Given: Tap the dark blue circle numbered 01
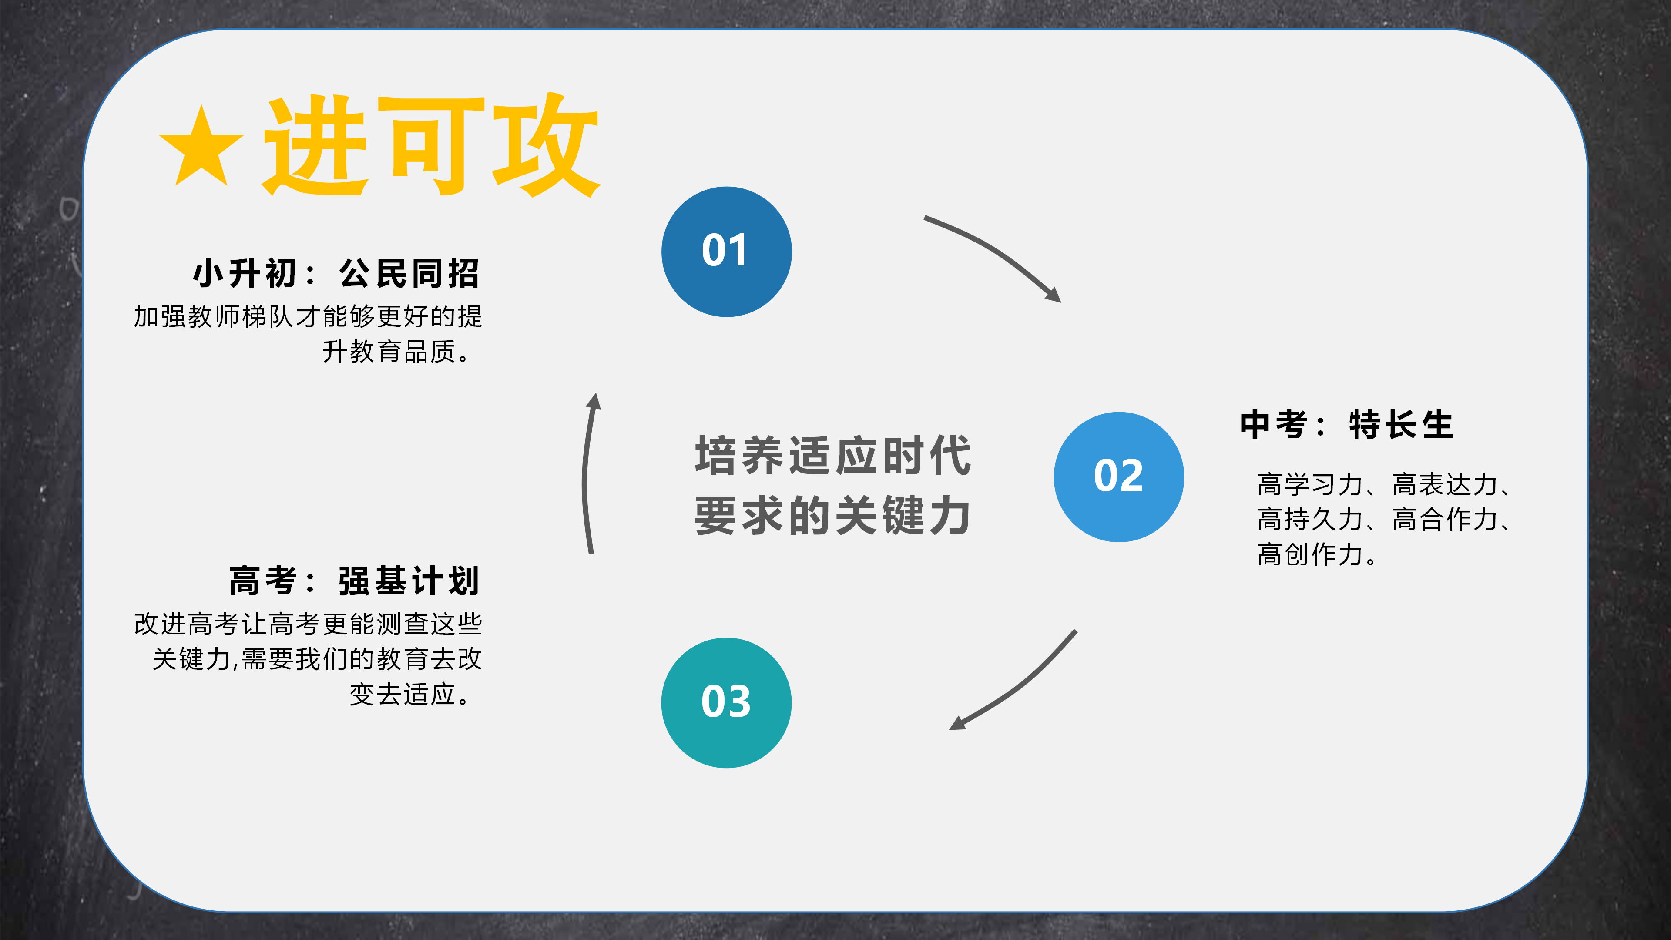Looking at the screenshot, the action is coord(727,252).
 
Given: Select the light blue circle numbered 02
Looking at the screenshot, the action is coord(1118,477).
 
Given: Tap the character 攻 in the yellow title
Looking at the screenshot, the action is coord(545,146).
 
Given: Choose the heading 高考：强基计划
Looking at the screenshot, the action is coord(354,581).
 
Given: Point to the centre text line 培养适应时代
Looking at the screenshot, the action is coord(833,455).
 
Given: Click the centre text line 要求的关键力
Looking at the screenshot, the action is coord(833,516).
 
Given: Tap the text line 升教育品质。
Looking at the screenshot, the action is coord(397,352).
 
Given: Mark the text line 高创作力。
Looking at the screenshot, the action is coord(1317,555).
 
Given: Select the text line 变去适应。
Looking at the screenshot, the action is coord(410,694).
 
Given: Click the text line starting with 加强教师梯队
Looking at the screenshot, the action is coord(308,316).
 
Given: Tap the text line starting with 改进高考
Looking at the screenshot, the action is coord(308,624).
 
